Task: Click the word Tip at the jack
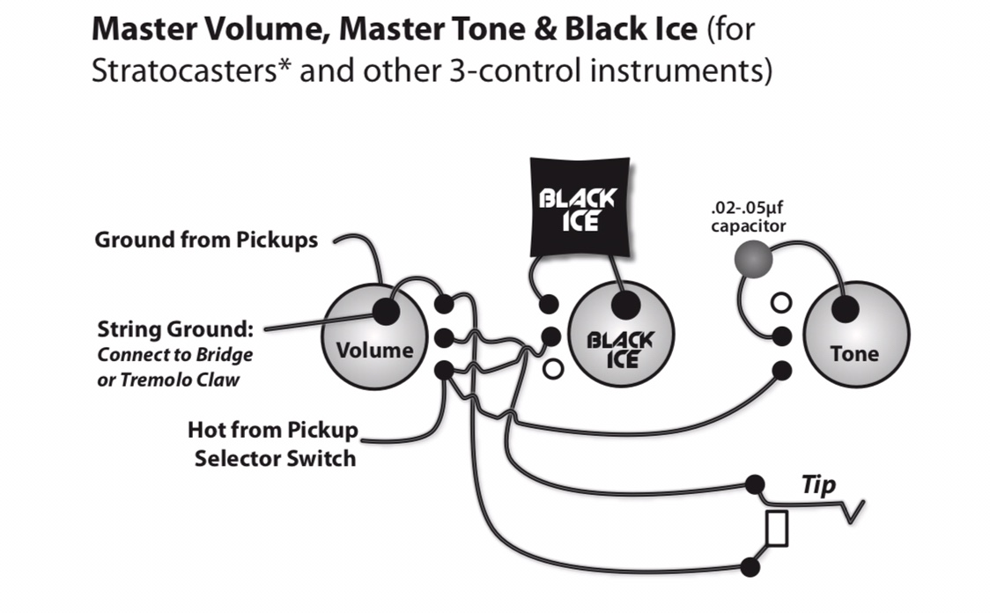pos(817,484)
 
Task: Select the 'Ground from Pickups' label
pos(206,240)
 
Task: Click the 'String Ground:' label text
pos(175,331)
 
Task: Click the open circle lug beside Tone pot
pos(780,304)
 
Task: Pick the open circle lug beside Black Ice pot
pos(553,369)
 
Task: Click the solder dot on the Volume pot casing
pos(384,310)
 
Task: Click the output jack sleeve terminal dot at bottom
pos(750,566)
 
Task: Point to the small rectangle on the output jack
pos(777,528)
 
